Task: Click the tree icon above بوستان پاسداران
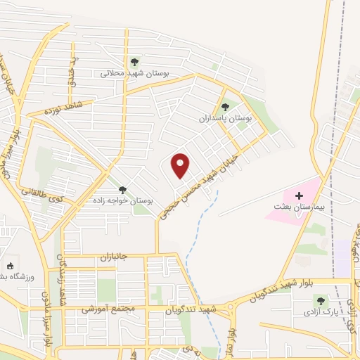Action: coord(225,107)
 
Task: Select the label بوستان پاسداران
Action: coord(235,119)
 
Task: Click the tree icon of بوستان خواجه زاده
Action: coord(123,190)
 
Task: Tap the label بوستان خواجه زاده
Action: coord(123,201)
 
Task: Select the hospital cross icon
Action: coord(298,195)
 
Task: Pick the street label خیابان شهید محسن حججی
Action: coord(204,185)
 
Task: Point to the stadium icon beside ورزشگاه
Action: coord(10,266)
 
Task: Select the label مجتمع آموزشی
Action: coord(104,309)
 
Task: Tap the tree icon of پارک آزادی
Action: coord(321,300)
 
